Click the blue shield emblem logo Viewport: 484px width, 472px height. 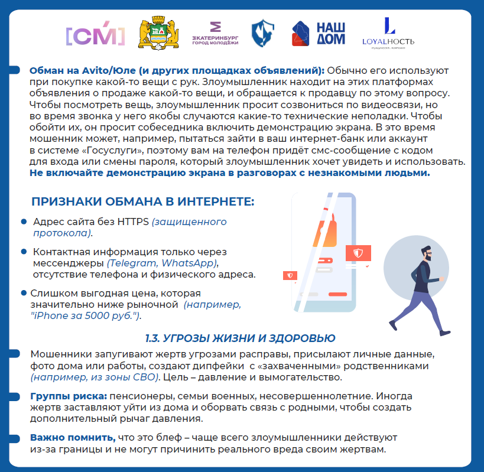261,34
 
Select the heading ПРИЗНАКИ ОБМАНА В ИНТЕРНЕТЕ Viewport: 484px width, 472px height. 142,201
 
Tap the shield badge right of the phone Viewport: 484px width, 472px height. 358,253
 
